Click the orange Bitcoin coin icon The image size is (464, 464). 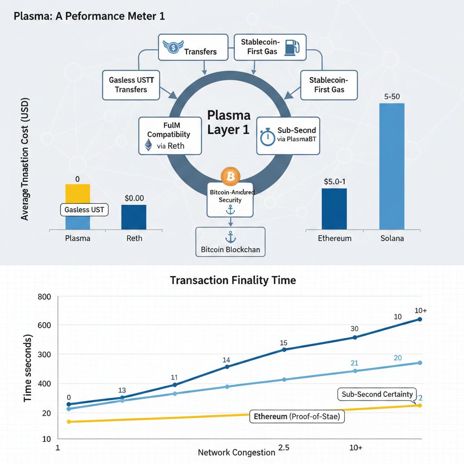coord(230,177)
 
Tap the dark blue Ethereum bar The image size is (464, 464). coord(334,209)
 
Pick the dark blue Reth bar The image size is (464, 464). coord(134,217)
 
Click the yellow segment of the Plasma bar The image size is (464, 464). coord(78,193)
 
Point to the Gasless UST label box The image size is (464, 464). coord(84,210)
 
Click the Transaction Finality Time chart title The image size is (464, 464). coord(233,280)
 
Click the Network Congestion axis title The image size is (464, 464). coord(237,452)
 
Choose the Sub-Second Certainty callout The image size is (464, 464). coord(377,394)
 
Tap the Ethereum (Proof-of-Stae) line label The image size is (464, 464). coord(297,416)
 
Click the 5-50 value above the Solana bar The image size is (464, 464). coord(391,97)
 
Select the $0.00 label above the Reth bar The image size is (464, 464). coord(134,198)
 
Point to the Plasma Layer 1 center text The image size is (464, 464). coord(228,121)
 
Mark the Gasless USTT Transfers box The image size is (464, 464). coord(131,85)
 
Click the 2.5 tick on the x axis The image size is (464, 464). coord(284,448)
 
